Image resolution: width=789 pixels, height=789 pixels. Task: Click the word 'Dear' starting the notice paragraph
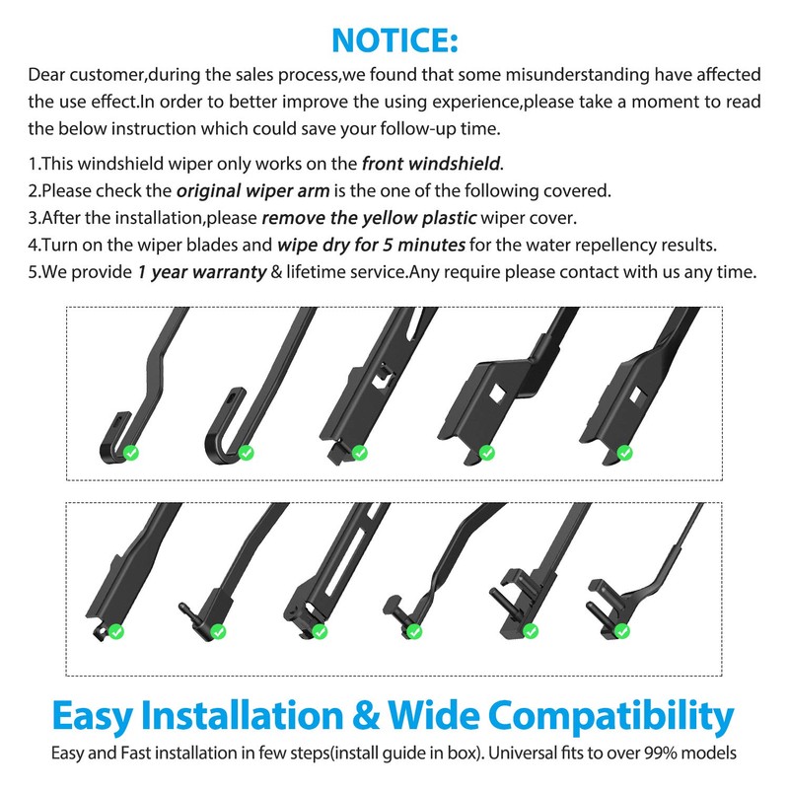[48, 75]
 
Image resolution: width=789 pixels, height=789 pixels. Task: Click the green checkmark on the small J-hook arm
[130, 453]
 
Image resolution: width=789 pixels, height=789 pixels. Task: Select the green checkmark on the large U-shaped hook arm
[247, 453]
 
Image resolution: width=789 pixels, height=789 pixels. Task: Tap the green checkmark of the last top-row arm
[624, 453]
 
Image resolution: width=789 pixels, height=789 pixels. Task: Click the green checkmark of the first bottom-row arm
[115, 631]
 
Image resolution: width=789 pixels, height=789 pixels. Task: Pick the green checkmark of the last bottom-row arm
[620, 631]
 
